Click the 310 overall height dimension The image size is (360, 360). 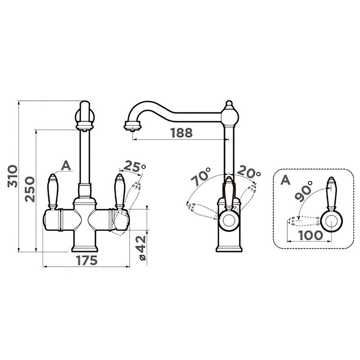coord(13,176)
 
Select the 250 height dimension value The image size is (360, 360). coord(30,189)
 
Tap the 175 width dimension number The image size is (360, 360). coord(87,260)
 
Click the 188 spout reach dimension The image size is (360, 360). coord(181,133)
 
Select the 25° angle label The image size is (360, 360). coord(135,167)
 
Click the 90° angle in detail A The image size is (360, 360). coord(303,191)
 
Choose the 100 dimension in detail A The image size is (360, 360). coord(310,235)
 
